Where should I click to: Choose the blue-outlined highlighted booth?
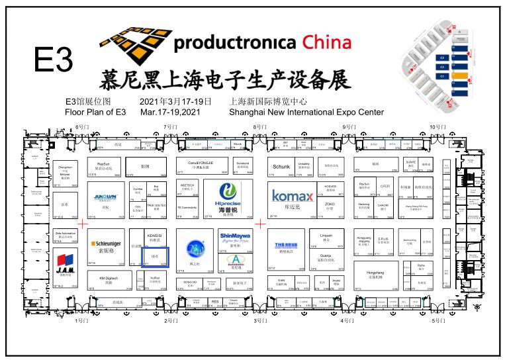[156, 257]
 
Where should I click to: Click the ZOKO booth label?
[330, 204]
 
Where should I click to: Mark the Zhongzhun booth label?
[65, 167]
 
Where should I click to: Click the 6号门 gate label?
[81, 126]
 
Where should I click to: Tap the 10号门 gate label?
[437, 126]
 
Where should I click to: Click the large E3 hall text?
[53, 60]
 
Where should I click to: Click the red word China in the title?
[327, 44]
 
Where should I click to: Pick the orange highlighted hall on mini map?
[458, 75]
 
